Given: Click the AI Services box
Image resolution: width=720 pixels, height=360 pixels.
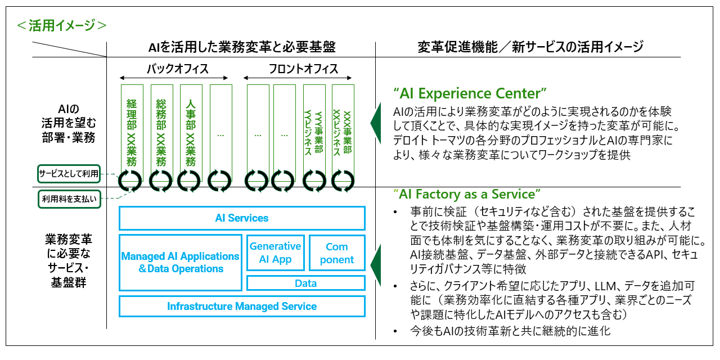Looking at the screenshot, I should pyautogui.click(x=242, y=218).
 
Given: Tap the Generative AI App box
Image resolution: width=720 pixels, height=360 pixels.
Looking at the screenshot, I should pyautogui.click(x=276, y=253).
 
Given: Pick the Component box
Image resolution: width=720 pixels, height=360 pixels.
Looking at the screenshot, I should pyautogui.click(x=337, y=253).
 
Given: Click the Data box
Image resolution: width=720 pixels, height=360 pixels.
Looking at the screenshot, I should pyautogui.click(x=306, y=283).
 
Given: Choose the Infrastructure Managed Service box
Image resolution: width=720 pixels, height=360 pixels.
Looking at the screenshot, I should pyautogui.click(x=242, y=307).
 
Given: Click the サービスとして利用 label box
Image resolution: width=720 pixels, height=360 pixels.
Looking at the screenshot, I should pyautogui.click(x=69, y=174).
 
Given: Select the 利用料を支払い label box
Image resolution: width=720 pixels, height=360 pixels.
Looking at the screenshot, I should pyautogui.click(x=69, y=198).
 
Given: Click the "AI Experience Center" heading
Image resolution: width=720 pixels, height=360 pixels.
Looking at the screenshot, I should pyautogui.click(x=470, y=93).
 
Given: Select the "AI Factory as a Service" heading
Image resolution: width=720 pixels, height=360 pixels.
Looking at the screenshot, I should pyautogui.click(x=466, y=195).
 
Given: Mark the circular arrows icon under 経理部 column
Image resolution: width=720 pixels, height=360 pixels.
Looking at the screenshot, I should pyautogui.click(x=132, y=181).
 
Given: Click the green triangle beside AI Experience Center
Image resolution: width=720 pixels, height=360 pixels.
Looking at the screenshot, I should pyautogui.click(x=375, y=118).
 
